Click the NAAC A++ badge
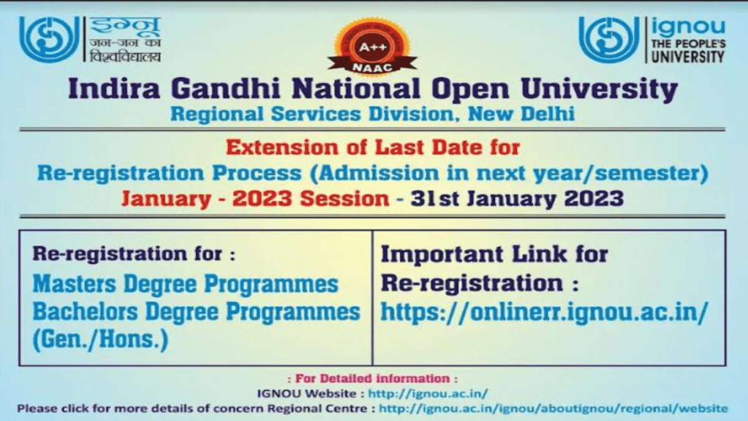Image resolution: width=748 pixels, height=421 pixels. (x=372, y=45)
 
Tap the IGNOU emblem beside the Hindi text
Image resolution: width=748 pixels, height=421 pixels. (x=49, y=39)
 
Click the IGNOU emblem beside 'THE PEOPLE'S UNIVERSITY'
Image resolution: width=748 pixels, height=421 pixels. (x=609, y=39)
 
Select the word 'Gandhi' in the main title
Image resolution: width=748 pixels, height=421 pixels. (x=226, y=89)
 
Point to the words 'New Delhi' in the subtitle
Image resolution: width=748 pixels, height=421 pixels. (x=521, y=114)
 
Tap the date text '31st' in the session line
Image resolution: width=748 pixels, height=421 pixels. (x=434, y=198)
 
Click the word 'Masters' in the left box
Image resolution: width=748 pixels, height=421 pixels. (x=74, y=284)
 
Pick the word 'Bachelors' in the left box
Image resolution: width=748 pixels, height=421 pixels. (x=85, y=312)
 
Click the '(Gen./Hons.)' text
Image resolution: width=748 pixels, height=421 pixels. (x=100, y=339)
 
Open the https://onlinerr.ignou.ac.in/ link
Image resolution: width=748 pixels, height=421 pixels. (x=544, y=312)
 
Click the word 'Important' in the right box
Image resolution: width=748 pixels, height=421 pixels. (x=442, y=254)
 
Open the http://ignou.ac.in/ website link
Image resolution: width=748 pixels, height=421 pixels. (x=428, y=394)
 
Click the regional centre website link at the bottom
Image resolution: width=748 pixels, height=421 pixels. (x=554, y=409)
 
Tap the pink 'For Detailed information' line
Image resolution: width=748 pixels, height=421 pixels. (x=373, y=379)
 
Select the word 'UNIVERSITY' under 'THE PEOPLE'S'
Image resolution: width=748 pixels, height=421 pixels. (x=688, y=56)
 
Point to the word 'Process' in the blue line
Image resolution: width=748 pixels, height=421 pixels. (x=257, y=173)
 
